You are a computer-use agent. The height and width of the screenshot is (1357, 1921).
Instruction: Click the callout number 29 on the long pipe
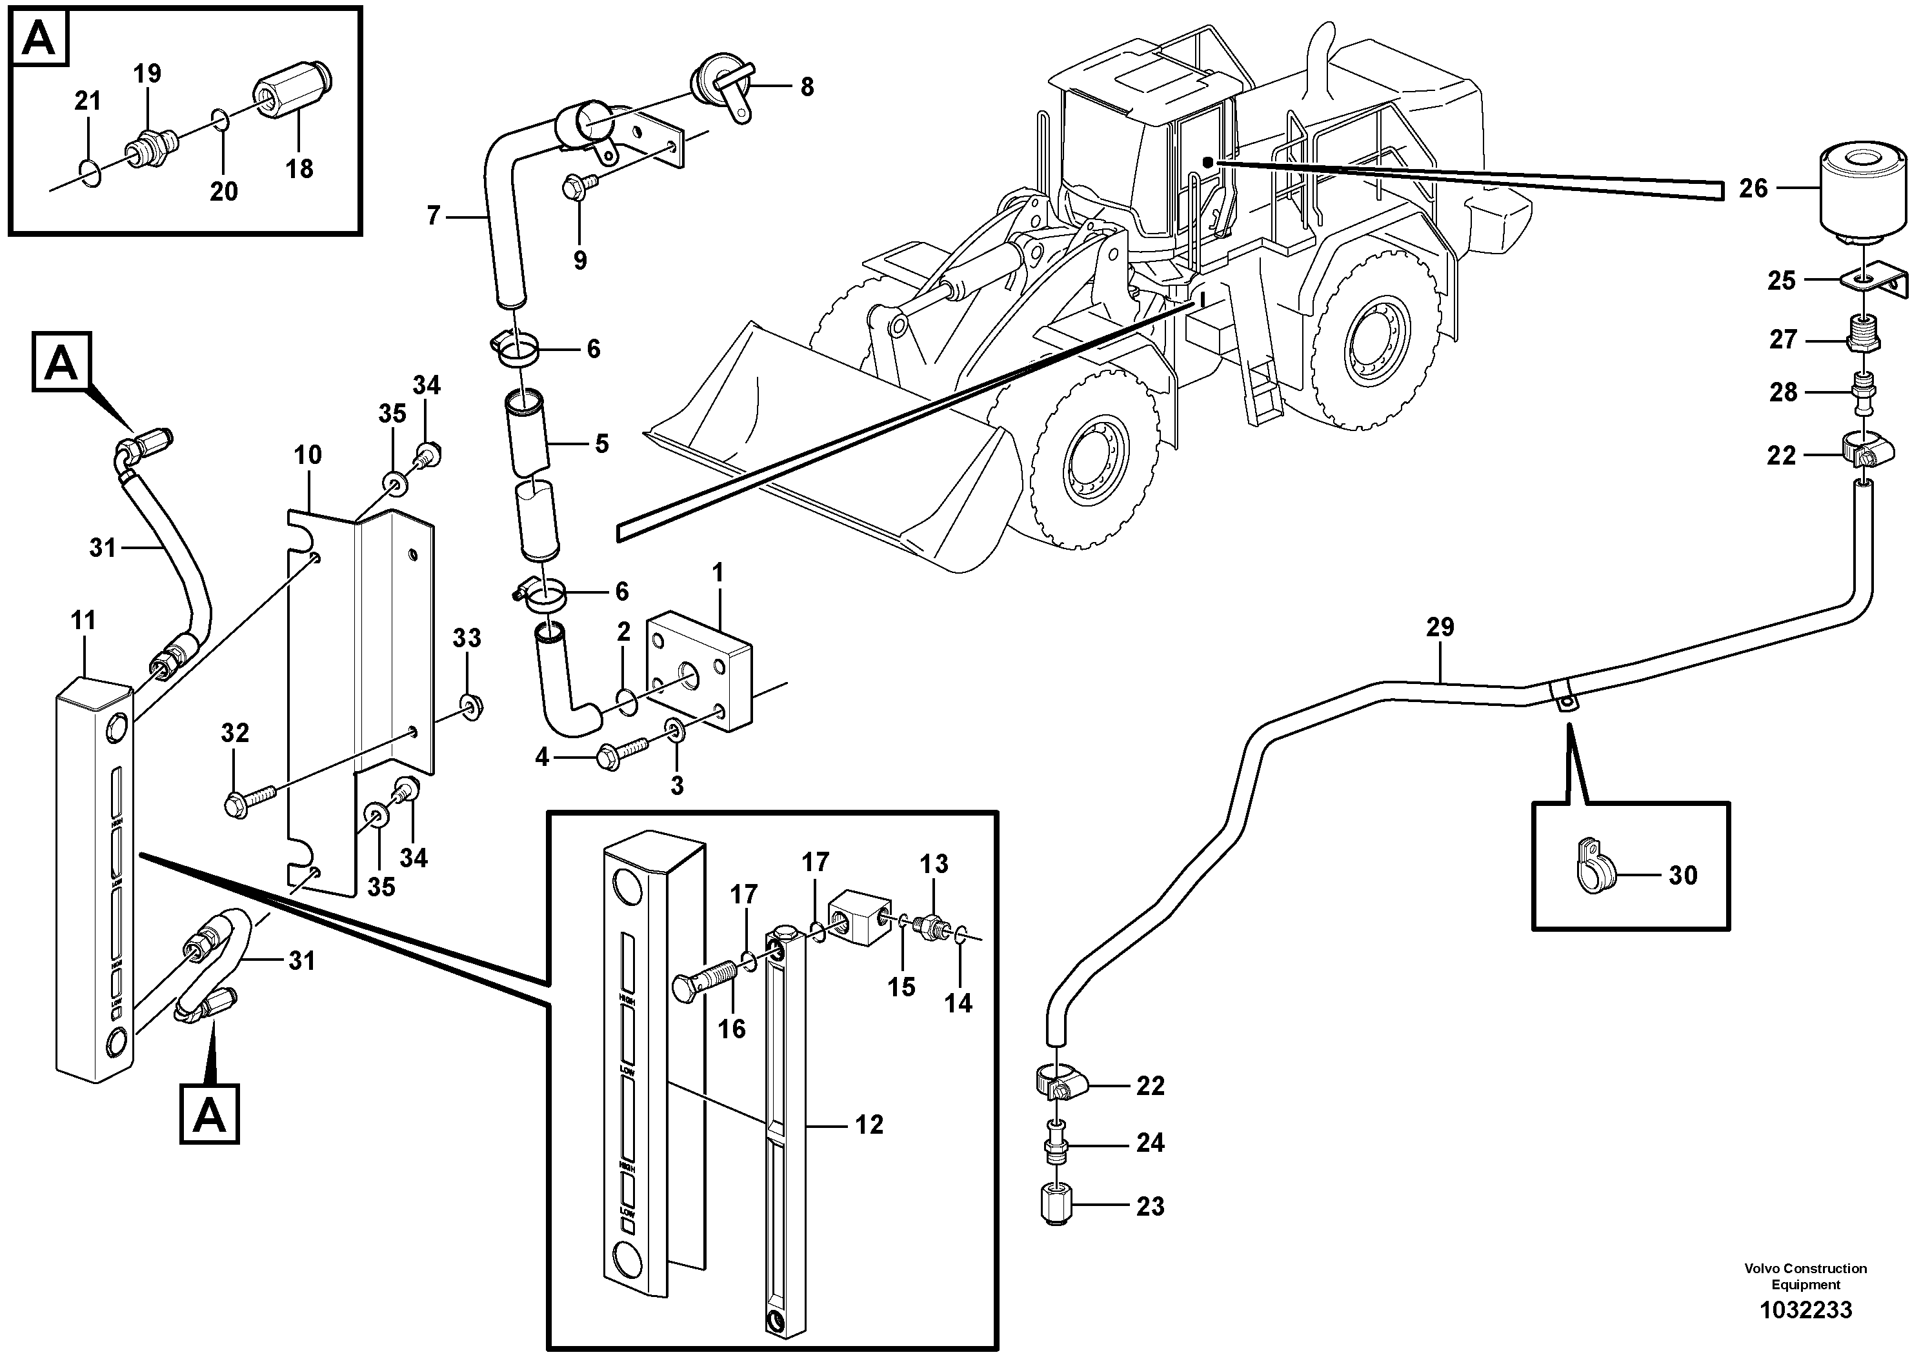pyautogui.click(x=1440, y=627)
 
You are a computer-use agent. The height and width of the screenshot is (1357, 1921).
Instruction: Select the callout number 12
pyautogui.click(x=869, y=1125)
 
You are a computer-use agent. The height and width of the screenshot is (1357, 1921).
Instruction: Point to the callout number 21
pyautogui.click(x=87, y=101)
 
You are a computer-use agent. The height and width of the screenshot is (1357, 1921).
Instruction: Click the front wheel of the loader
pyautogui.click(x=1092, y=473)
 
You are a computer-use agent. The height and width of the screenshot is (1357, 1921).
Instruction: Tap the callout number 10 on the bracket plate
pyautogui.click(x=307, y=455)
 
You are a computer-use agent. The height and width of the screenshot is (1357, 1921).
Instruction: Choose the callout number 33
pyautogui.click(x=467, y=638)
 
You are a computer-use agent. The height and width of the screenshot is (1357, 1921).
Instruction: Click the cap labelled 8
pyautogui.click(x=721, y=88)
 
